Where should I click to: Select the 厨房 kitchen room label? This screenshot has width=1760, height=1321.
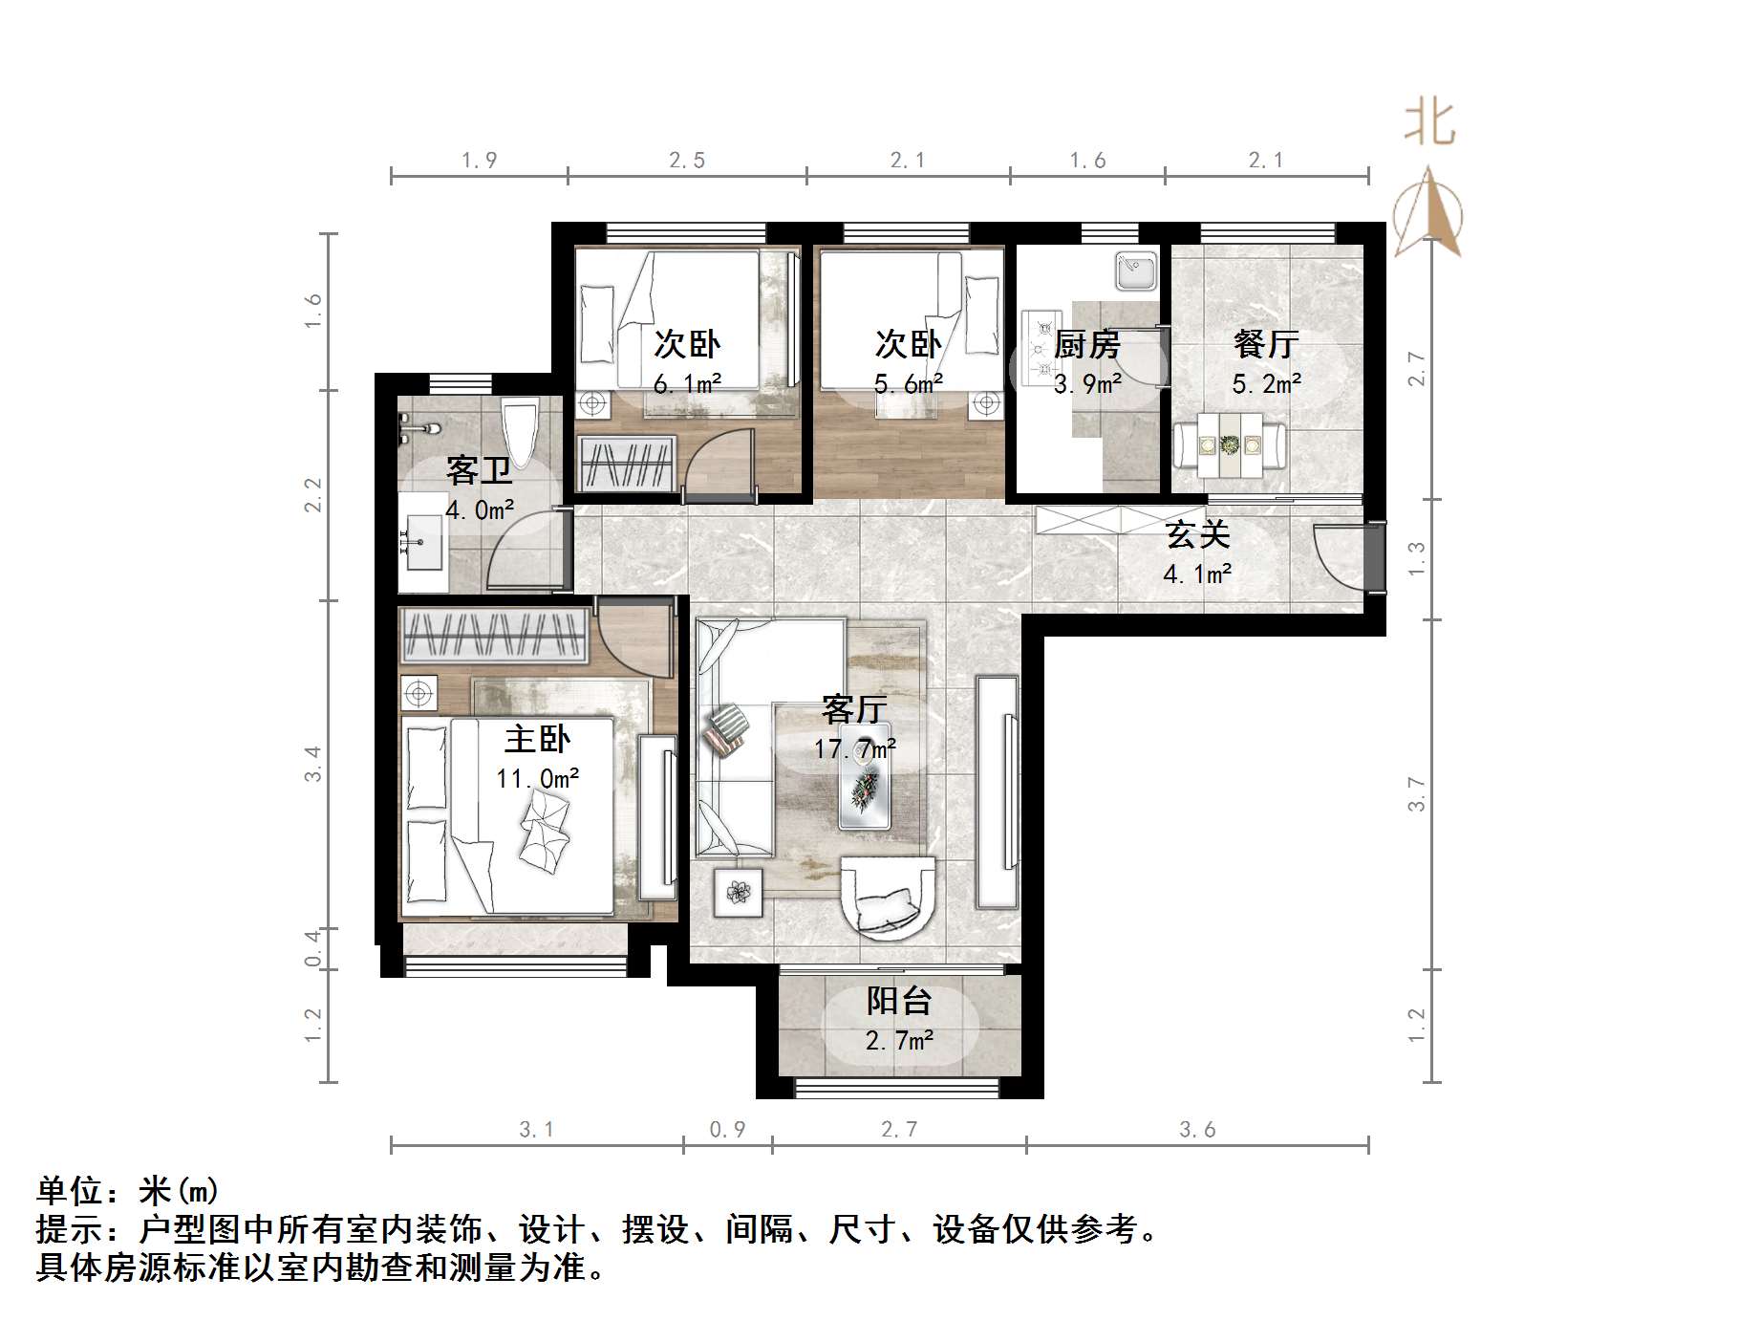[x=1086, y=344]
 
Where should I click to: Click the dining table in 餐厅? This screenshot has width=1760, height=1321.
[x=1229, y=445]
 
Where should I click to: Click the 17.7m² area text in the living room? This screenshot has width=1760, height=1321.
[x=854, y=748]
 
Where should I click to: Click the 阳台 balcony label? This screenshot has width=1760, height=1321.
[x=898, y=1001]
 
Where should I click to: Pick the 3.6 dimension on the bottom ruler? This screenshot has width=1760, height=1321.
[x=1196, y=1130]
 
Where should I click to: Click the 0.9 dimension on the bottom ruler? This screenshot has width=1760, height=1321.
[x=727, y=1130]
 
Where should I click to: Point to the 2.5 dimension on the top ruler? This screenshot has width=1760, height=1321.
[x=686, y=161]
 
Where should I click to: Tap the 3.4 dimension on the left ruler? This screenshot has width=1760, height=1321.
[x=313, y=765]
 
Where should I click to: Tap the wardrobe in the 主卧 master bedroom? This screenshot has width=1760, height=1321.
[x=493, y=635]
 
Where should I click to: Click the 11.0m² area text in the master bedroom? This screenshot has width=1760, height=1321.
[x=537, y=779]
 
